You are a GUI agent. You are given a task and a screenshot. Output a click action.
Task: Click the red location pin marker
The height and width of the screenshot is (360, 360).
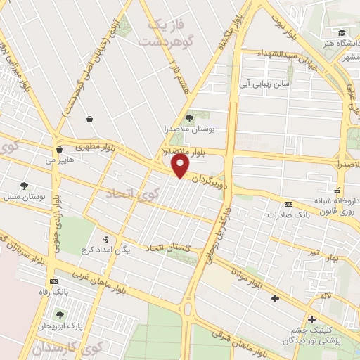tap(181, 166)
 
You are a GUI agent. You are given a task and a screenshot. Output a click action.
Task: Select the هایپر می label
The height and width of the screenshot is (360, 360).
tap(59, 160)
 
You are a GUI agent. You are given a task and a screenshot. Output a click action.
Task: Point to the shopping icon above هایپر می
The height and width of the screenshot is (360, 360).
tap(59, 150)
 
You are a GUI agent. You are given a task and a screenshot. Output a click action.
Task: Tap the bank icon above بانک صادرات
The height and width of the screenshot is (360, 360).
tap(288, 205)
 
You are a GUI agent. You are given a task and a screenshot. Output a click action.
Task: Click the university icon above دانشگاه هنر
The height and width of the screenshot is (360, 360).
tap(342, 33)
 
